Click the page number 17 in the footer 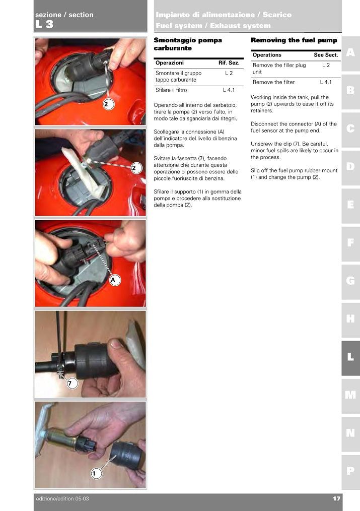coord(336,498)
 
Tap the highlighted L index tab coord(350,358)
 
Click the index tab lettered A coord(350,53)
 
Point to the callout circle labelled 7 coord(72,383)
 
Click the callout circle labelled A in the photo coord(115,280)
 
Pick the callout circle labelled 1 coord(96,473)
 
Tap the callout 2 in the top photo coord(108,104)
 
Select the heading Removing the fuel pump coord(294,40)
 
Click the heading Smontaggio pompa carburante coord(188,44)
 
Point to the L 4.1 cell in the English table coord(326,82)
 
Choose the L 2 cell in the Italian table coord(229,73)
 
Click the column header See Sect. coord(326,55)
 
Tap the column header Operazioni coord(170,63)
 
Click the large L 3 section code coord(44,24)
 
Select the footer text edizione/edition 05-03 coord(62,498)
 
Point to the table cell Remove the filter coord(273,82)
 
